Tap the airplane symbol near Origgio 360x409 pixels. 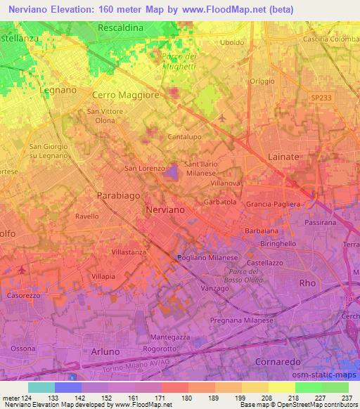(223, 117)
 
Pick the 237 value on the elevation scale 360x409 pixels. (347, 398)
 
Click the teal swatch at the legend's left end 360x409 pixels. (41, 387)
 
